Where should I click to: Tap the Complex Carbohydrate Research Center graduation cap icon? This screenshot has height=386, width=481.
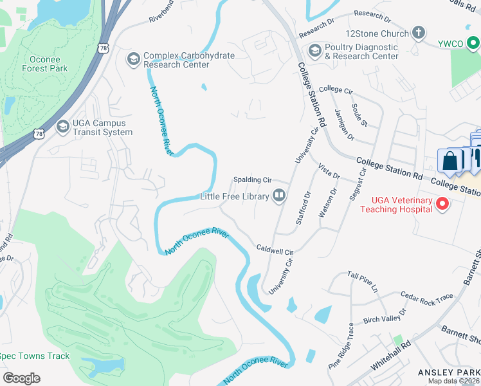coord(134,59)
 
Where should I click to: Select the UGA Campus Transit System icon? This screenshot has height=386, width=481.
coord(62,127)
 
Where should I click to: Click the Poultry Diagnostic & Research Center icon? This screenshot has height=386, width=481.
coord(314,50)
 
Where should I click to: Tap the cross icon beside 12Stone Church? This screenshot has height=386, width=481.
coord(418,33)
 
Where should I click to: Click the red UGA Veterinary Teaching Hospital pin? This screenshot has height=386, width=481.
coord(442,204)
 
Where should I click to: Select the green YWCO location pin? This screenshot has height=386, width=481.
coord(473,43)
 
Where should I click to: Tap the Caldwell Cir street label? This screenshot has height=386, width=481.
coord(275,249)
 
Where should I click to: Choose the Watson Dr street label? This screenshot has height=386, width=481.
coord(328,203)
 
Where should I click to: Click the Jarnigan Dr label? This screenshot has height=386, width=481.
coord(344,124)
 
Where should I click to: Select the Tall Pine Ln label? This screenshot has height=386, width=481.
coord(363,282)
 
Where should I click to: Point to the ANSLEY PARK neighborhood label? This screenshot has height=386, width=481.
coord(448,372)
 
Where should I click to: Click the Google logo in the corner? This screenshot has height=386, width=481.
coord(21,378)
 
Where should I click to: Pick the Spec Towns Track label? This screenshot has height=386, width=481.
coord(33,356)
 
